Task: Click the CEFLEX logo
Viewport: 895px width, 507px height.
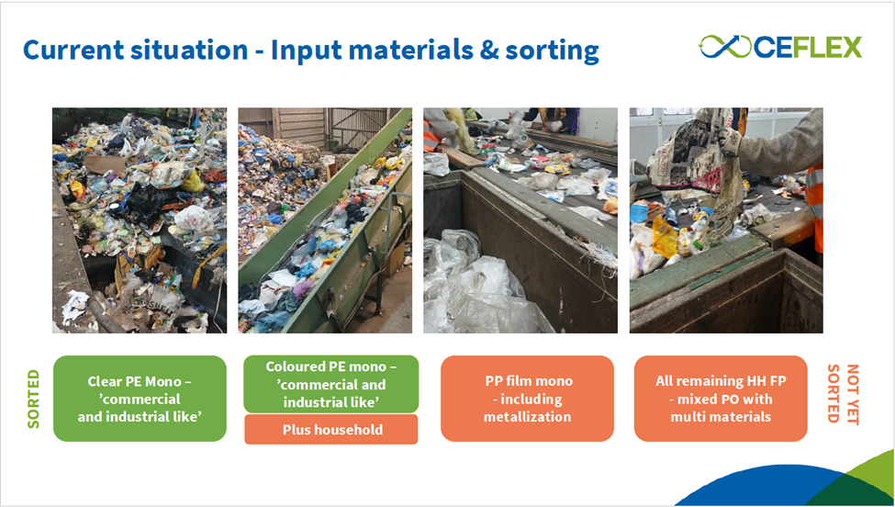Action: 780,47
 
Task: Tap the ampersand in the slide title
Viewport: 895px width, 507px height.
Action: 489,51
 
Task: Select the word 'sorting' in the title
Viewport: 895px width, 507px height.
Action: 553,51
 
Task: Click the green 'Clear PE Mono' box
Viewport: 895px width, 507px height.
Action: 140,399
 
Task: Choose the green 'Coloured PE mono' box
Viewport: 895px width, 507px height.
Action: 331,384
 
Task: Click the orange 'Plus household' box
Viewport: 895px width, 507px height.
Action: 331,429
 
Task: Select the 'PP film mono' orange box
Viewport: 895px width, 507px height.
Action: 528,399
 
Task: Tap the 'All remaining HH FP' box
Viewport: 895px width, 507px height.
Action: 721,399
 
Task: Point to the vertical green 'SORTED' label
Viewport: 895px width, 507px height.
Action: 33,399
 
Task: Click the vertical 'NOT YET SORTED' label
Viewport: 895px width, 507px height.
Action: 843,394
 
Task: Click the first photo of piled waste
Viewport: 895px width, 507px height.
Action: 140,220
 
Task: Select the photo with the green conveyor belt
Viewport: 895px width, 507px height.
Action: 325,220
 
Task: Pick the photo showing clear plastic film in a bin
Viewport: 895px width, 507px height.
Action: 520,220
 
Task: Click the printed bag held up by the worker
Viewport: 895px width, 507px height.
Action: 698,171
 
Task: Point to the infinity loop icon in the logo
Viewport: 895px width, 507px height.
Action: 725,47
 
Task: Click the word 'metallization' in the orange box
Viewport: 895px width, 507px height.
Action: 527,417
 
